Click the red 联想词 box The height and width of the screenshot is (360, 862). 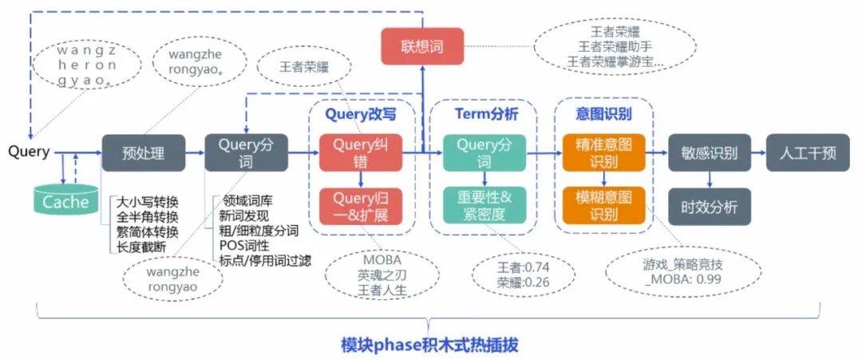pyautogui.click(x=422, y=46)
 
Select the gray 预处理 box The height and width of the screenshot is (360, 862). pyautogui.click(x=144, y=152)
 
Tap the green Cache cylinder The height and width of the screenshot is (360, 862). pyautogui.click(x=65, y=200)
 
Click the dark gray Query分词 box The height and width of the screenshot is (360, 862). pyautogui.click(x=244, y=152)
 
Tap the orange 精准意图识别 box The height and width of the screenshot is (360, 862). pyautogui.click(x=603, y=152)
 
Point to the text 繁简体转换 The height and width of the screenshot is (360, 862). pyautogui.click(x=147, y=231)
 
